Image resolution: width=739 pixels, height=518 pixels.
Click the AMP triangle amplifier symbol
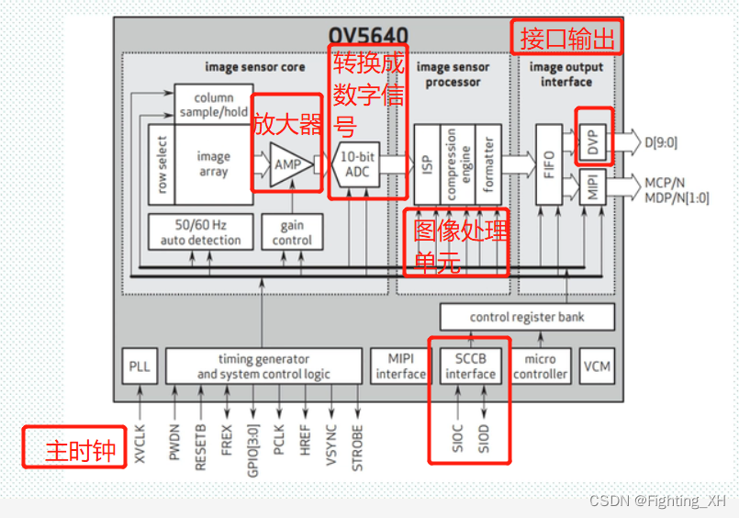pyautogui.click(x=288, y=164)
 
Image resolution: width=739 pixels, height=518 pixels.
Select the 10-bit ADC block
pyautogui.click(x=356, y=163)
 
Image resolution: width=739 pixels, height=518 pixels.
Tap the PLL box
pyautogui.click(x=140, y=366)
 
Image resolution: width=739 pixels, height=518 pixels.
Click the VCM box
pyautogui.click(x=597, y=366)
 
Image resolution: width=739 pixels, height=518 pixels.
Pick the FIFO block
pyautogui.click(x=549, y=163)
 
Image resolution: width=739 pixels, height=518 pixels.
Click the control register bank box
pyautogui.click(x=526, y=317)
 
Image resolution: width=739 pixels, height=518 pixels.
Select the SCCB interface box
pyautogui.click(x=470, y=366)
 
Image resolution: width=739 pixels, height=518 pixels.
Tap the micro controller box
pyautogui.click(x=541, y=366)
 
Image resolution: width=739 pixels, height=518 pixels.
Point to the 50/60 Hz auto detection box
pyautogui.click(x=200, y=232)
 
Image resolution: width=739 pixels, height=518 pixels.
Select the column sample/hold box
pyautogui.click(x=213, y=105)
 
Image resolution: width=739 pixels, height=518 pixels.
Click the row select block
pyautogui.click(x=162, y=165)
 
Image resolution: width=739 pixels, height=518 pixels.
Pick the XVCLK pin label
pyautogui.click(x=140, y=442)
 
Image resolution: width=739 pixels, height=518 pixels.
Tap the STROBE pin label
pyautogui.click(x=357, y=445)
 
